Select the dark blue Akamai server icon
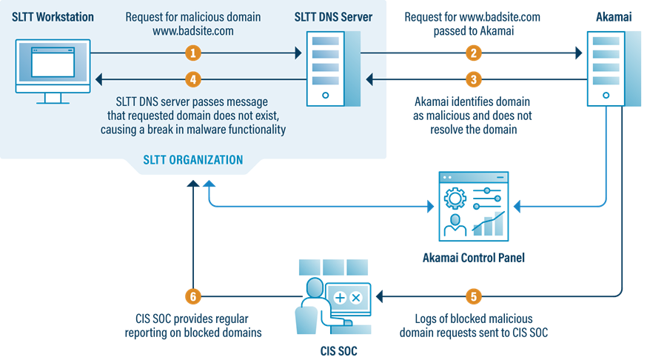pyautogui.click(x=606, y=67)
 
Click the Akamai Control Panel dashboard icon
pyautogui.click(x=474, y=207)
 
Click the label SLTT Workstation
pyautogui.click(x=53, y=16)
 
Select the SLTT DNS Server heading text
pyautogui.click(x=333, y=16)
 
